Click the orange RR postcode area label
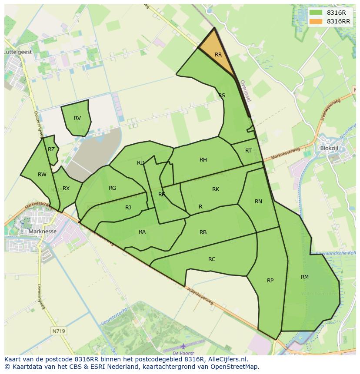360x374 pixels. pos(218,55)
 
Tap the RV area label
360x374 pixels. pos(77,118)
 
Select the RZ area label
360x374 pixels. pos(51,149)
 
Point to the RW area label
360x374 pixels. pos(42,175)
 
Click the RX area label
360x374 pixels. pos(66,189)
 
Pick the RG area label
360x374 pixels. pos(113,188)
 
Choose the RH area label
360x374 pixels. pos(203,160)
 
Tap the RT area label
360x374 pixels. pos(248,151)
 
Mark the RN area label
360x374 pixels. pos(258,201)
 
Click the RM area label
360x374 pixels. pos(304,277)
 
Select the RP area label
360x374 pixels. pos(270,280)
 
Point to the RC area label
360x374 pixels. pos(212,259)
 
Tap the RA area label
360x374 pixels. pos(142,232)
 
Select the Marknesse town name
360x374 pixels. pos(42,232)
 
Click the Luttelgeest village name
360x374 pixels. pos(17,51)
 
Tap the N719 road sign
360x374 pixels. pos(58,331)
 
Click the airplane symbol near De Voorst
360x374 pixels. pos(183,346)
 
